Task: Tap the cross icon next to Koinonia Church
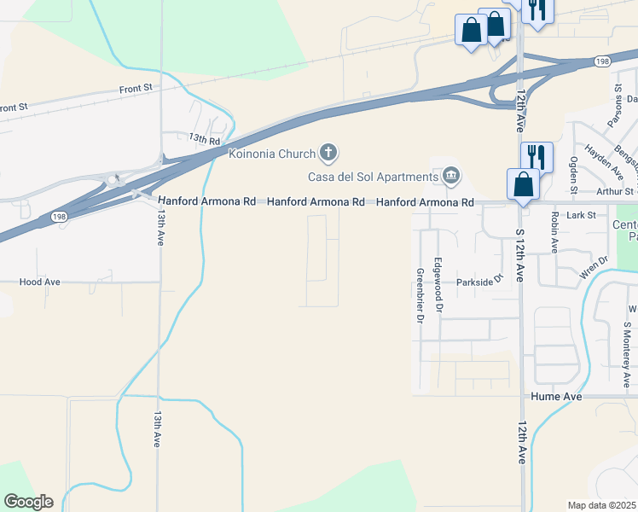pyautogui.click(x=328, y=154)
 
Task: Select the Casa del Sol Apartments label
pyautogui.click(x=373, y=177)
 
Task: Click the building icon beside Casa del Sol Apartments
pyautogui.click(x=450, y=177)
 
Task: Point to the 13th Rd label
pyautogui.click(x=205, y=138)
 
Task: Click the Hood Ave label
pyautogui.click(x=40, y=281)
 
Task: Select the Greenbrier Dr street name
pyautogui.click(x=420, y=295)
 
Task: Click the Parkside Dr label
pyautogui.click(x=480, y=280)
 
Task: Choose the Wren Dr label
pyautogui.click(x=594, y=268)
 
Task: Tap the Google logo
pyautogui.click(x=28, y=502)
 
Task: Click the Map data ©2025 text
pyautogui.click(x=602, y=505)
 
